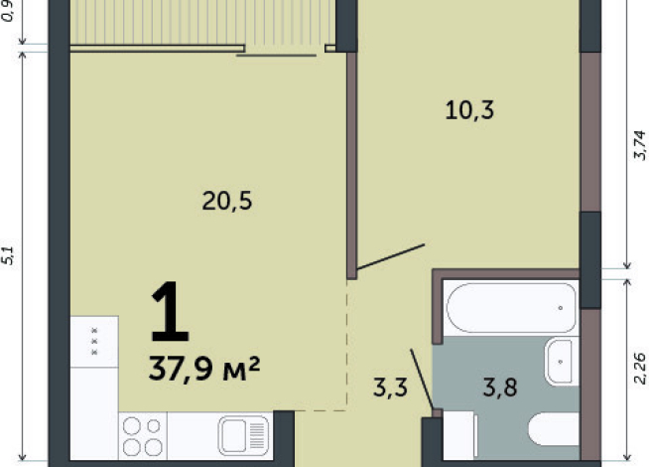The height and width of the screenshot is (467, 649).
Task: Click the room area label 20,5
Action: pyautogui.click(x=227, y=202)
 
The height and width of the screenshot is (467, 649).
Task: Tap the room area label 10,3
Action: pyautogui.click(x=468, y=110)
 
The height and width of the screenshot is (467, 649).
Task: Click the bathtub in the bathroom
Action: pyautogui.click(x=510, y=308)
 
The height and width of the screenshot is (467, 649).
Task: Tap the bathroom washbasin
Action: pyautogui.click(x=562, y=360)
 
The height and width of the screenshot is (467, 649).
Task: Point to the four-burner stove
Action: pyautogui.click(x=144, y=435)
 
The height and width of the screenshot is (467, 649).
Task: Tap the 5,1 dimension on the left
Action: pyautogui.click(x=9, y=255)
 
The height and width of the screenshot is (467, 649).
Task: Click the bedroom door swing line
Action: pyautogui.click(x=390, y=256)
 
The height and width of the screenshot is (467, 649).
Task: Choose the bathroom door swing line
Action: pyautogui.click(x=421, y=377)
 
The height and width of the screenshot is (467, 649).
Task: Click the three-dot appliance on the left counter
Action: pyautogui.click(x=94, y=342)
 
